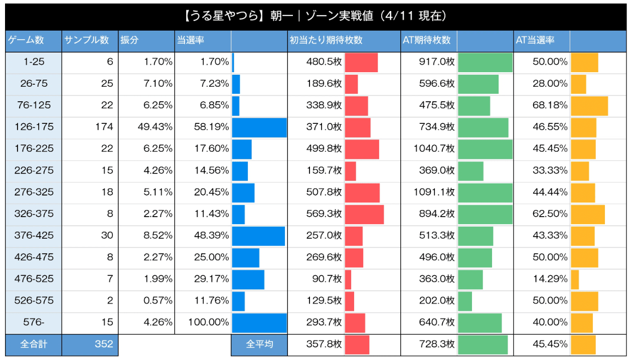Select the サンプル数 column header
(86, 41)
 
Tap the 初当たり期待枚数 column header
(326, 41)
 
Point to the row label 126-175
(34, 127)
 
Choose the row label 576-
(34, 322)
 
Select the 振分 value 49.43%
(155, 127)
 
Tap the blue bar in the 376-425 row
(258, 236)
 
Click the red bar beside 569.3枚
(364, 214)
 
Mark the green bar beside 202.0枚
(465, 301)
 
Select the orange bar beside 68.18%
(589, 106)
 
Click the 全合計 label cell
(34, 345)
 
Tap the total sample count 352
(104, 345)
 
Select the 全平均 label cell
(259, 345)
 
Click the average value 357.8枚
(324, 345)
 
